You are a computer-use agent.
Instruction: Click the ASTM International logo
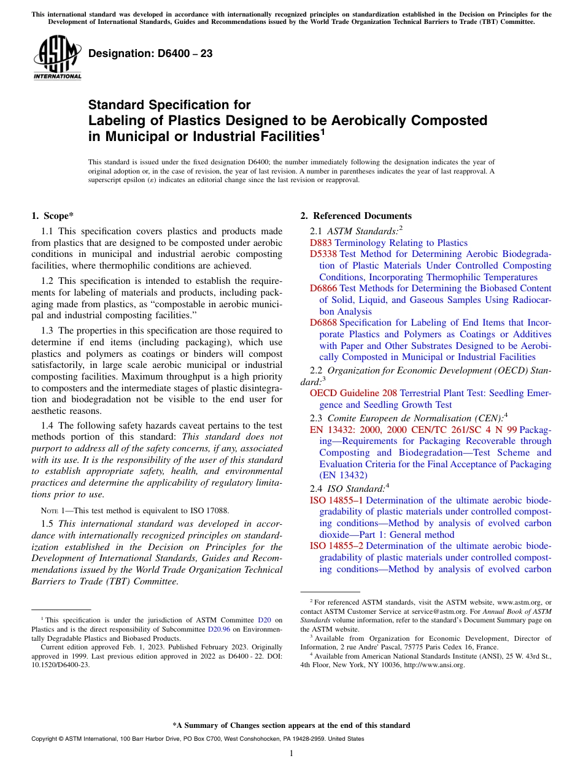(x=57, y=58)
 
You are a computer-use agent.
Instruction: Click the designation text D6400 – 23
(x=150, y=54)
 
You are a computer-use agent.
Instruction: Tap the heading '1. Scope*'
(x=52, y=216)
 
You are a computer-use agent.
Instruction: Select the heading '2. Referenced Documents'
(x=356, y=216)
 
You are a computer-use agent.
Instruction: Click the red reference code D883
(x=321, y=243)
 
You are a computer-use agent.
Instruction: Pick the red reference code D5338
(x=323, y=254)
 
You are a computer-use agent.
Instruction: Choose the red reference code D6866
(x=323, y=288)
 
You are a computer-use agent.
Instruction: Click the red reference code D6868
(x=323, y=323)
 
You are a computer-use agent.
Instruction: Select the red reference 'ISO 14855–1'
(x=336, y=500)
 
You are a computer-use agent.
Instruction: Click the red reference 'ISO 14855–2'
(x=336, y=546)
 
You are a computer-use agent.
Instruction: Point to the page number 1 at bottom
(x=291, y=754)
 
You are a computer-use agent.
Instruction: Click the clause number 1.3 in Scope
(x=47, y=331)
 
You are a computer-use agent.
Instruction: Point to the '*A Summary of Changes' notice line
(x=291, y=725)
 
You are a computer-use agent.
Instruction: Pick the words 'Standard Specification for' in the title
(x=169, y=105)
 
